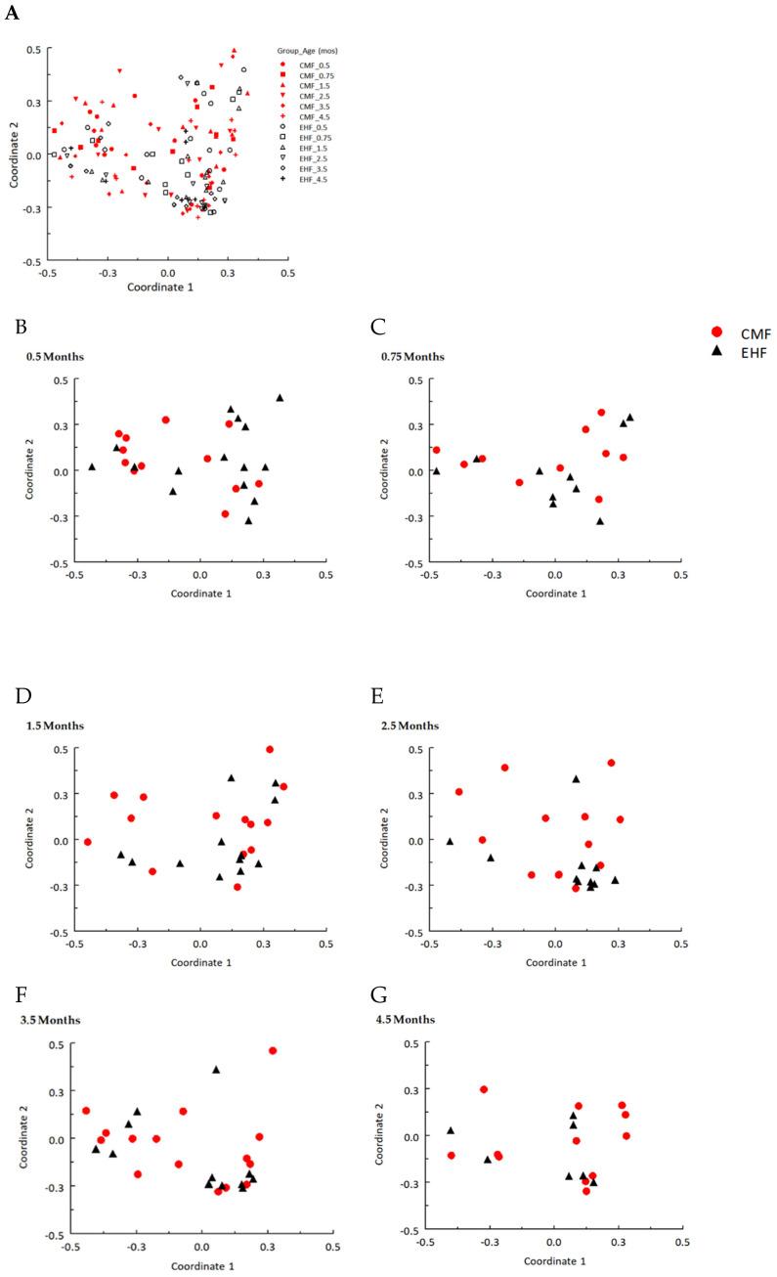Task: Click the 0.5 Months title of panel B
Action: pyautogui.click(x=55, y=356)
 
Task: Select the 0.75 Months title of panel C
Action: pyautogui.click(x=412, y=356)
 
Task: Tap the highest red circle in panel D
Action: pyautogui.click(x=270, y=749)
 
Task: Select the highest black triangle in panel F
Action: pyautogui.click(x=216, y=1070)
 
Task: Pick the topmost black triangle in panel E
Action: pyautogui.click(x=577, y=779)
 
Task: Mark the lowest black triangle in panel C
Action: pyautogui.click(x=600, y=521)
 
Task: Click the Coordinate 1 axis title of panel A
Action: pyautogui.click(x=165, y=287)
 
